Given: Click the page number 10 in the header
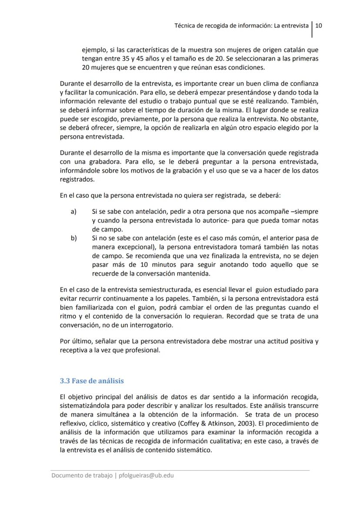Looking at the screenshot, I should (x=318, y=25).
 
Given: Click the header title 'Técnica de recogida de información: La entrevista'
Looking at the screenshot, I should (x=241, y=25).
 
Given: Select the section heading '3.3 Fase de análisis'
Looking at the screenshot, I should (x=92, y=381).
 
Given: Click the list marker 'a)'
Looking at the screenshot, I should (x=73, y=211).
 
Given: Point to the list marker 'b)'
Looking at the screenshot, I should (x=73, y=238).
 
